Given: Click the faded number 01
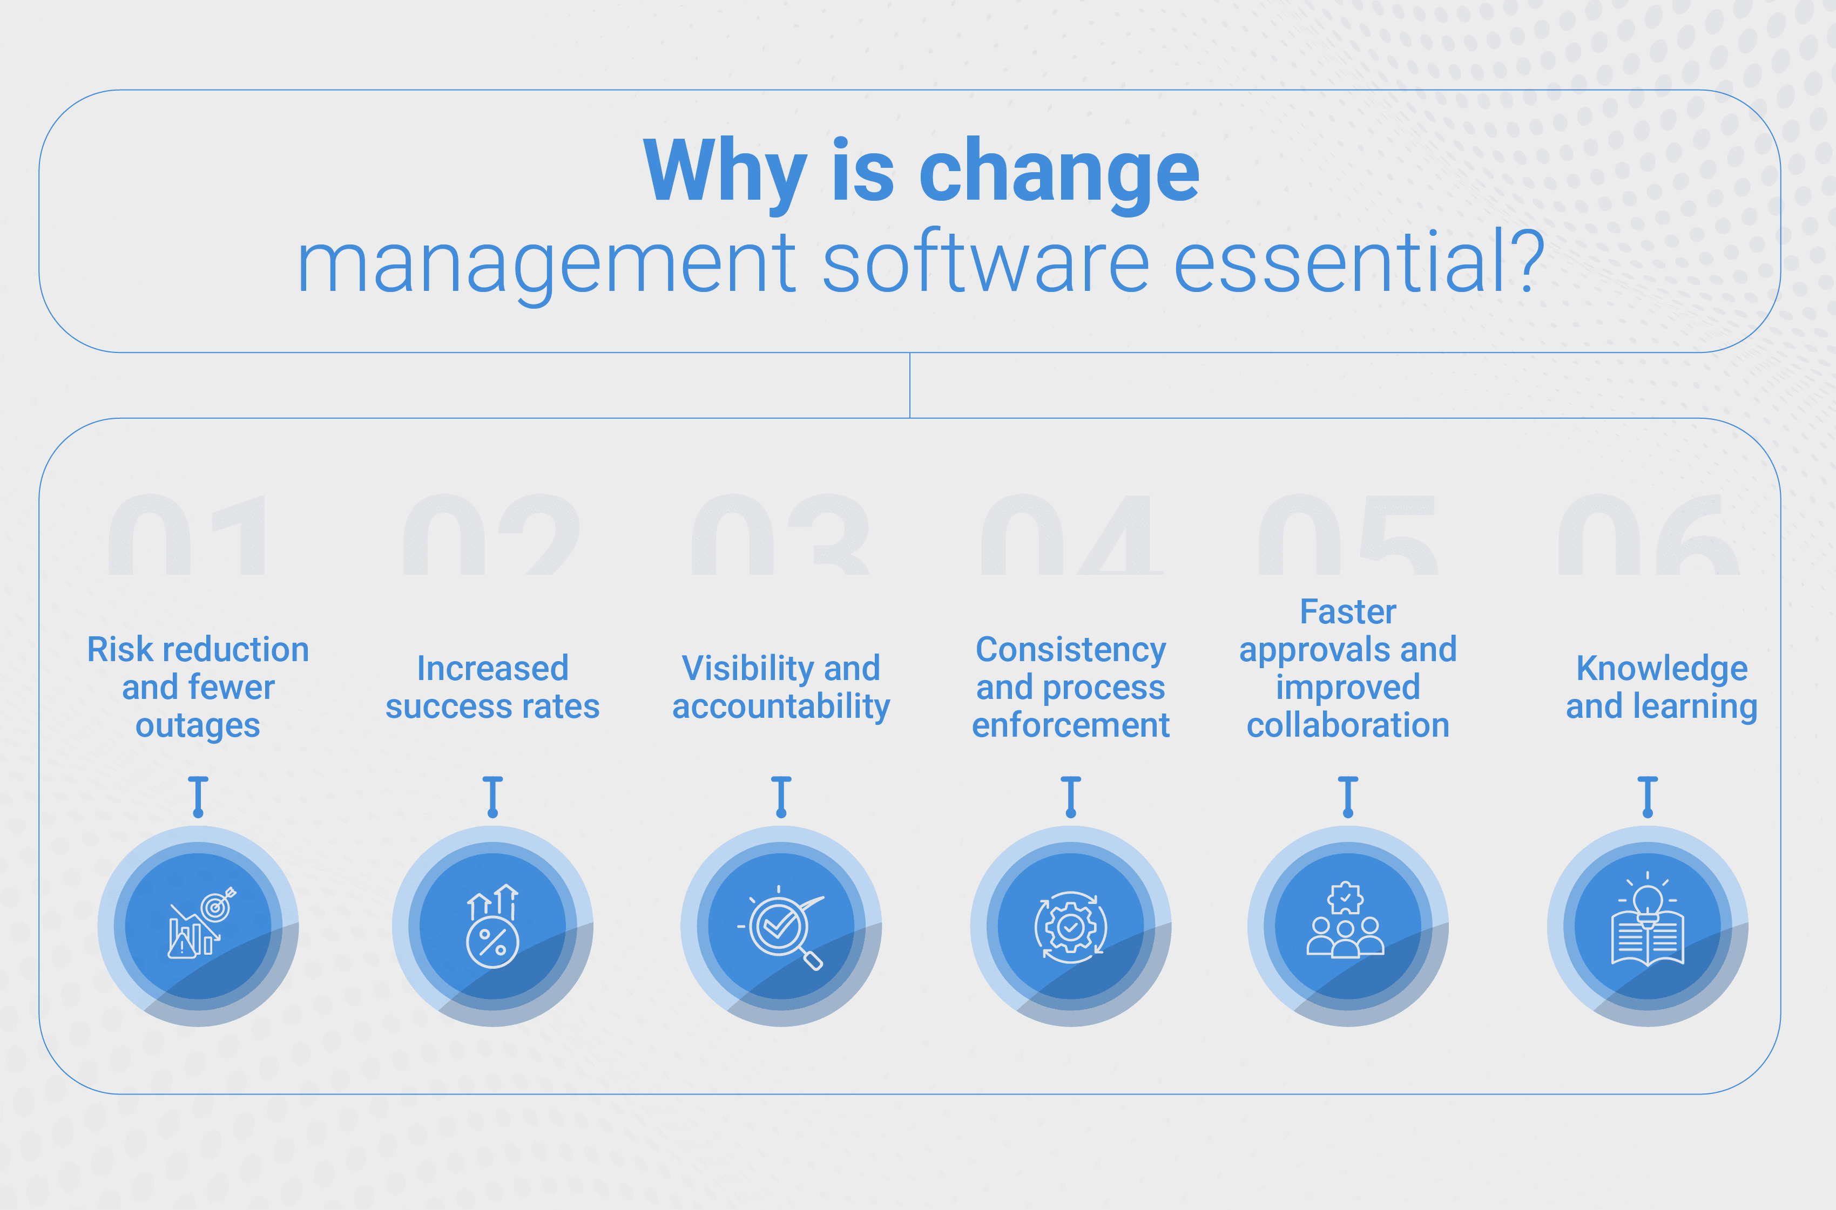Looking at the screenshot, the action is pos(187,535).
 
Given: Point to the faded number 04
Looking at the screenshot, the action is pos(1072,535).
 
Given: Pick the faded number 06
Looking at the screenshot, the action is pos(1649,535).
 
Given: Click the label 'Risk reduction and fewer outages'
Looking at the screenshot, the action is pos(198,687).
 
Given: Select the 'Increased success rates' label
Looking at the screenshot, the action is pos(492,687).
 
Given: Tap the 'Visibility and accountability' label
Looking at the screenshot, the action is pos(781,688).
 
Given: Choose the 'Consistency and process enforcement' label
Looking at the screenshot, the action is pos(1071,687).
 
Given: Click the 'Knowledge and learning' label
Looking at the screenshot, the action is pos(1662,688).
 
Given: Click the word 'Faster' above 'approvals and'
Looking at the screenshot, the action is pos(1348,612).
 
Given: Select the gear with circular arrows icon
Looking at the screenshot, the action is pos(1071,927).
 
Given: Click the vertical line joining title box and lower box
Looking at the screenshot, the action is pos(910,386).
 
